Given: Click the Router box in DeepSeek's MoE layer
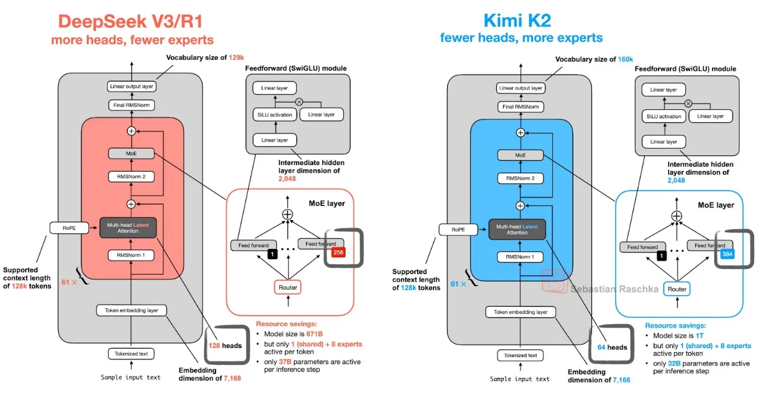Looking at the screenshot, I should [288, 287].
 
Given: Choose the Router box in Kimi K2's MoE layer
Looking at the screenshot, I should [677, 289].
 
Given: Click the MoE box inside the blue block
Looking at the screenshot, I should [520, 155].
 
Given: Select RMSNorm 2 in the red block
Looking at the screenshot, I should [131, 177].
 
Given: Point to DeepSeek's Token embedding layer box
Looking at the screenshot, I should [131, 310].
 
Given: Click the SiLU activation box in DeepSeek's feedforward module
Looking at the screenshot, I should [273, 115].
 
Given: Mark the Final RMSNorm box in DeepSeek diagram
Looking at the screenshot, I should [131, 105].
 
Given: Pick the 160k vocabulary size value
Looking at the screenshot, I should [627, 59].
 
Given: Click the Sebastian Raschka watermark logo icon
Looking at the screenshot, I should [554, 281].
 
